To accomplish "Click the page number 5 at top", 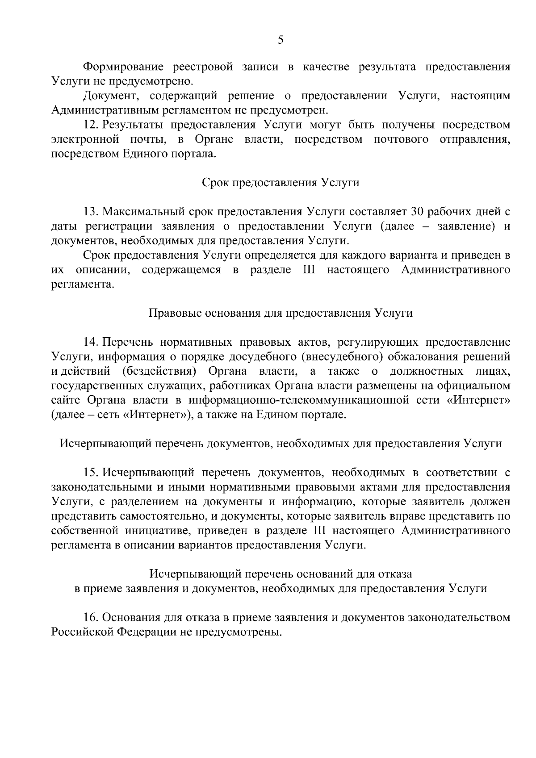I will pos(281,40).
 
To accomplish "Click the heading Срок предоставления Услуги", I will pos(281,183).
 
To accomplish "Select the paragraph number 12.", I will pos(92,125).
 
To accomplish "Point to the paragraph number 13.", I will pos(92,212).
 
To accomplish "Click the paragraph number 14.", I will pos(92,342).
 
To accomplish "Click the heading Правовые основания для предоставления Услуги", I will pos(281,313).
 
